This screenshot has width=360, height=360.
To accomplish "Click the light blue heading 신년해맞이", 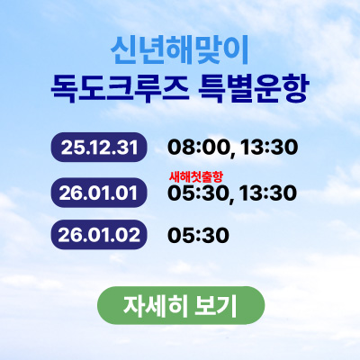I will coord(179,48).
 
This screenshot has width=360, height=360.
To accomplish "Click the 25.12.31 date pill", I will coord(100,147).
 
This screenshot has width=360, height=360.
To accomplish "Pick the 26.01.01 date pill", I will coord(100,192).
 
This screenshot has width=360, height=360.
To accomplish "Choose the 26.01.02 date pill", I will coord(100,234).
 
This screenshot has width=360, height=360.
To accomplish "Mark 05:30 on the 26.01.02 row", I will coord(198,235).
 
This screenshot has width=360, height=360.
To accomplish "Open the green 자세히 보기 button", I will coord(180,305).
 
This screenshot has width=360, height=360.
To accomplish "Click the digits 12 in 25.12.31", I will coord(100,147).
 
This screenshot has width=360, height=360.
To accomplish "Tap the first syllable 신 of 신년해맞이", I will coord(121,48).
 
